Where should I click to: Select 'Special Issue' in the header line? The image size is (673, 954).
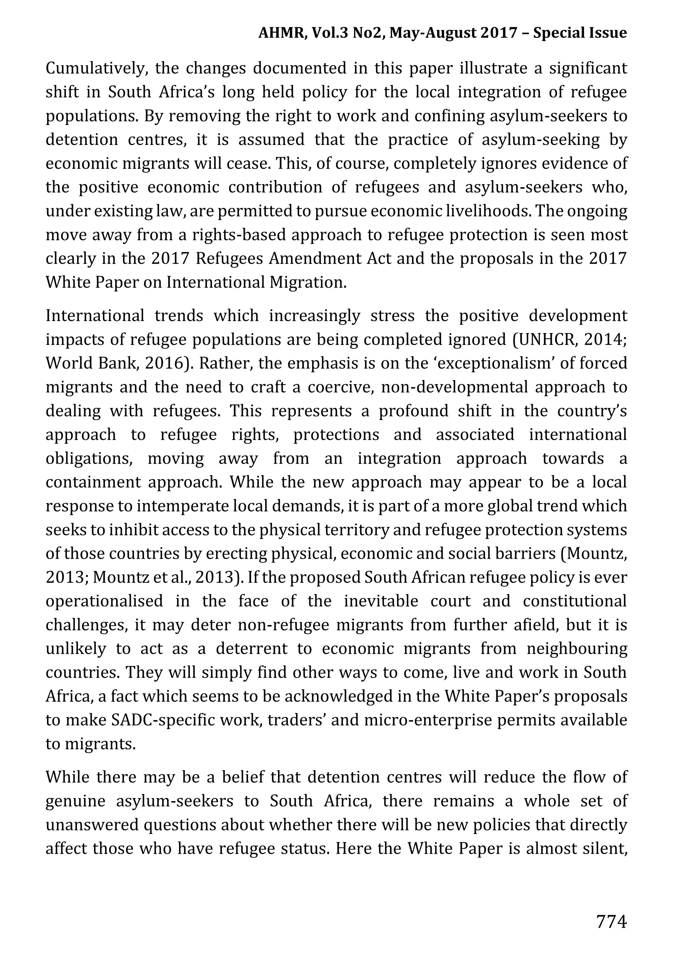(580, 33)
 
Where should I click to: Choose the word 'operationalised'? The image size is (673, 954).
(104, 601)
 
